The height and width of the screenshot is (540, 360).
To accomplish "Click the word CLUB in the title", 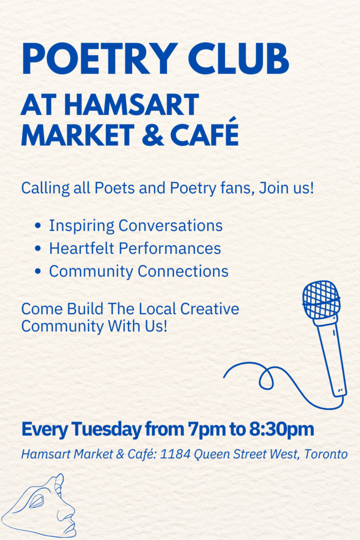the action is (238, 59).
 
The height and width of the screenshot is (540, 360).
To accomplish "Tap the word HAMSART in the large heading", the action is (131, 105).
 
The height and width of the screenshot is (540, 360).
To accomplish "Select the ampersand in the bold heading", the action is (153, 134).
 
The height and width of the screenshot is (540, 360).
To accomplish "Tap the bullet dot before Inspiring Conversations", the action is (38, 226).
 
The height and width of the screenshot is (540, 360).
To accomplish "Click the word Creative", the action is (210, 308).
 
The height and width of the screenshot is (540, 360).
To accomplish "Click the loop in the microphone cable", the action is (266, 378).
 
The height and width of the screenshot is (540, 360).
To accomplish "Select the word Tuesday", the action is (106, 429).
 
